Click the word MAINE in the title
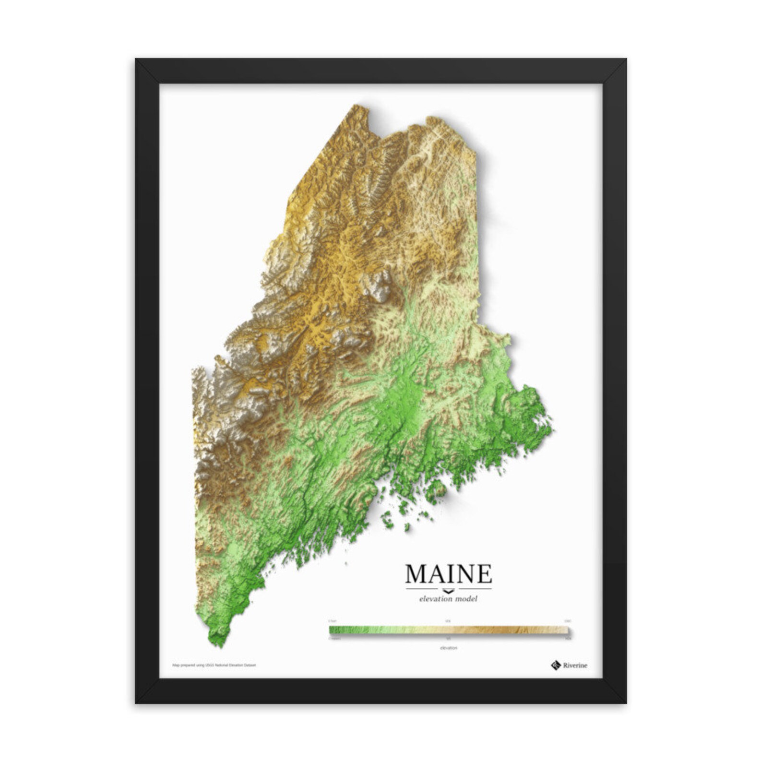[448, 573]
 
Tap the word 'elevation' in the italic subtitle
[436, 599]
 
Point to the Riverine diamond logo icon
[556, 665]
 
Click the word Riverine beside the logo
[575, 665]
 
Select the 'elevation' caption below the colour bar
[448, 648]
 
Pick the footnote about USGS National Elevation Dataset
[214, 665]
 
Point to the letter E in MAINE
[484, 573]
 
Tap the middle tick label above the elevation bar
[448, 621]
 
